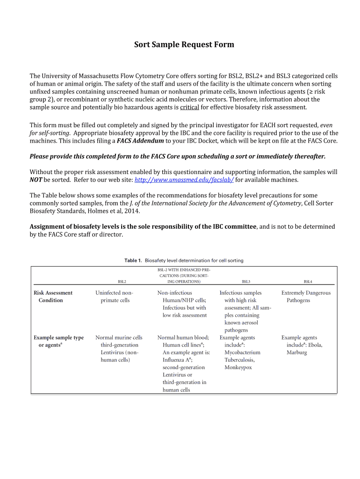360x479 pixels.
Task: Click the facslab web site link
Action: pos(184,180)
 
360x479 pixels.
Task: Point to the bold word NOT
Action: pos(36,180)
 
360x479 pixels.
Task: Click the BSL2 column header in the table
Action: pos(122,282)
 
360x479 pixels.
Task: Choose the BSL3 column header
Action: pos(246,282)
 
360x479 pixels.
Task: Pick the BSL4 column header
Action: pos(308,282)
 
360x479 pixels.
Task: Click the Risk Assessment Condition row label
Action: pos(53,297)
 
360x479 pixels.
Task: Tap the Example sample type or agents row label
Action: pos(58,341)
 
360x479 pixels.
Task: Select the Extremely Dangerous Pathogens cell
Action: pos(306,297)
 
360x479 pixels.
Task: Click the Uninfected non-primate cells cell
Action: pos(115,297)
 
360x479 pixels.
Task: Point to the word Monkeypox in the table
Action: pos(238,368)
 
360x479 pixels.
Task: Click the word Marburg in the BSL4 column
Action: pos(297,352)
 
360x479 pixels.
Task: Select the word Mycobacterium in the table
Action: pos(242,352)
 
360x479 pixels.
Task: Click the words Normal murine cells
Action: pos(119,337)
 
